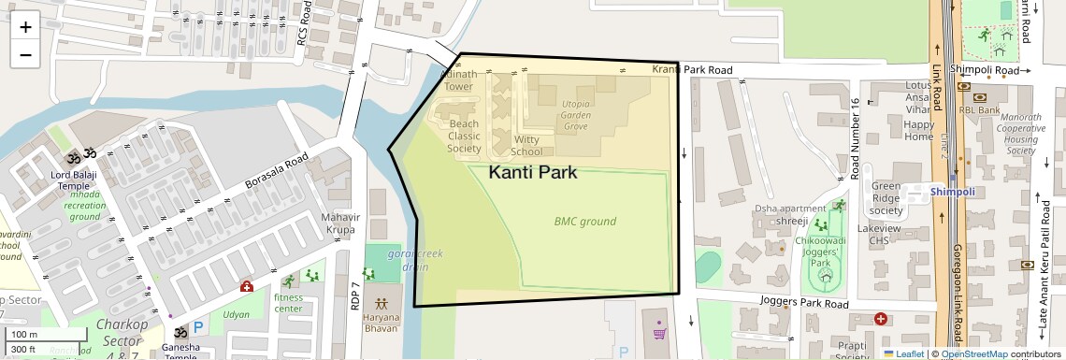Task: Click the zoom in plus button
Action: pos(25,27)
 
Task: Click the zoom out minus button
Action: pos(25,55)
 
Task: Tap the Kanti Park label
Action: pos(533,173)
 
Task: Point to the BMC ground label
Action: pos(584,222)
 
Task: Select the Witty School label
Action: pos(527,145)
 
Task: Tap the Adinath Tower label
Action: pos(458,79)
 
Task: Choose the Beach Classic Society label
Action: pos(464,136)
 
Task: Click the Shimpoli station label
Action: pos(953,192)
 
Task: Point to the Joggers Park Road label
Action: pos(803,304)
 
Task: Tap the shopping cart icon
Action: pos(660,332)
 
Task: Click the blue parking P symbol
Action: pos(198,330)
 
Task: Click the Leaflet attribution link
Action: pos(903,353)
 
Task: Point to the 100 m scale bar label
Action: pos(24,335)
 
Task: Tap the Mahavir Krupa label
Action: pos(340,223)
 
